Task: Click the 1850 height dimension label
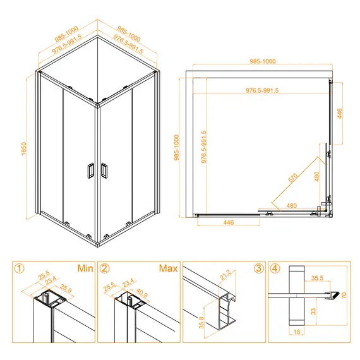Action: pyautogui.click(x=24, y=149)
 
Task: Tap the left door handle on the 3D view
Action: pyautogui.click(x=90, y=171)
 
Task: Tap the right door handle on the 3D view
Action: pyautogui.click(x=104, y=171)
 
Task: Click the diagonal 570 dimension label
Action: pyautogui.click(x=292, y=177)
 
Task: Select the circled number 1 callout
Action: pyautogui.click(x=20, y=268)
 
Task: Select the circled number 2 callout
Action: pyautogui.click(x=105, y=268)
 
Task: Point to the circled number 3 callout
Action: pyautogui.click(x=259, y=268)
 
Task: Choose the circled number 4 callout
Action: pyautogui.click(x=275, y=268)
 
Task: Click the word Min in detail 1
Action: pyautogui.click(x=85, y=268)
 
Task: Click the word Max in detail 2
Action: pyautogui.click(x=168, y=268)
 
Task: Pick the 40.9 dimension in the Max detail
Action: pyautogui.click(x=141, y=293)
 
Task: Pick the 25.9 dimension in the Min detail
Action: pyautogui.click(x=66, y=289)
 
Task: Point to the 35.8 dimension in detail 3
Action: pyautogui.click(x=201, y=323)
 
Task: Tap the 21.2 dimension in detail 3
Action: pyautogui.click(x=225, y=275)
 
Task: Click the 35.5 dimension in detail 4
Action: pyautogui.click(x=317, y=278)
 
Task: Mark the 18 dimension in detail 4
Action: pyautogui.click(x=297, y=332)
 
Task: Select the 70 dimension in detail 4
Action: pyautogui.click(x=344, y=295)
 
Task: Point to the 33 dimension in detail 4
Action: pyautogui.click(x=313, y=311)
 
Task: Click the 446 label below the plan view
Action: pyautogui.click(x=229, y=222)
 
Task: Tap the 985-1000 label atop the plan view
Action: pyautogui.click(x=263, y=61)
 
